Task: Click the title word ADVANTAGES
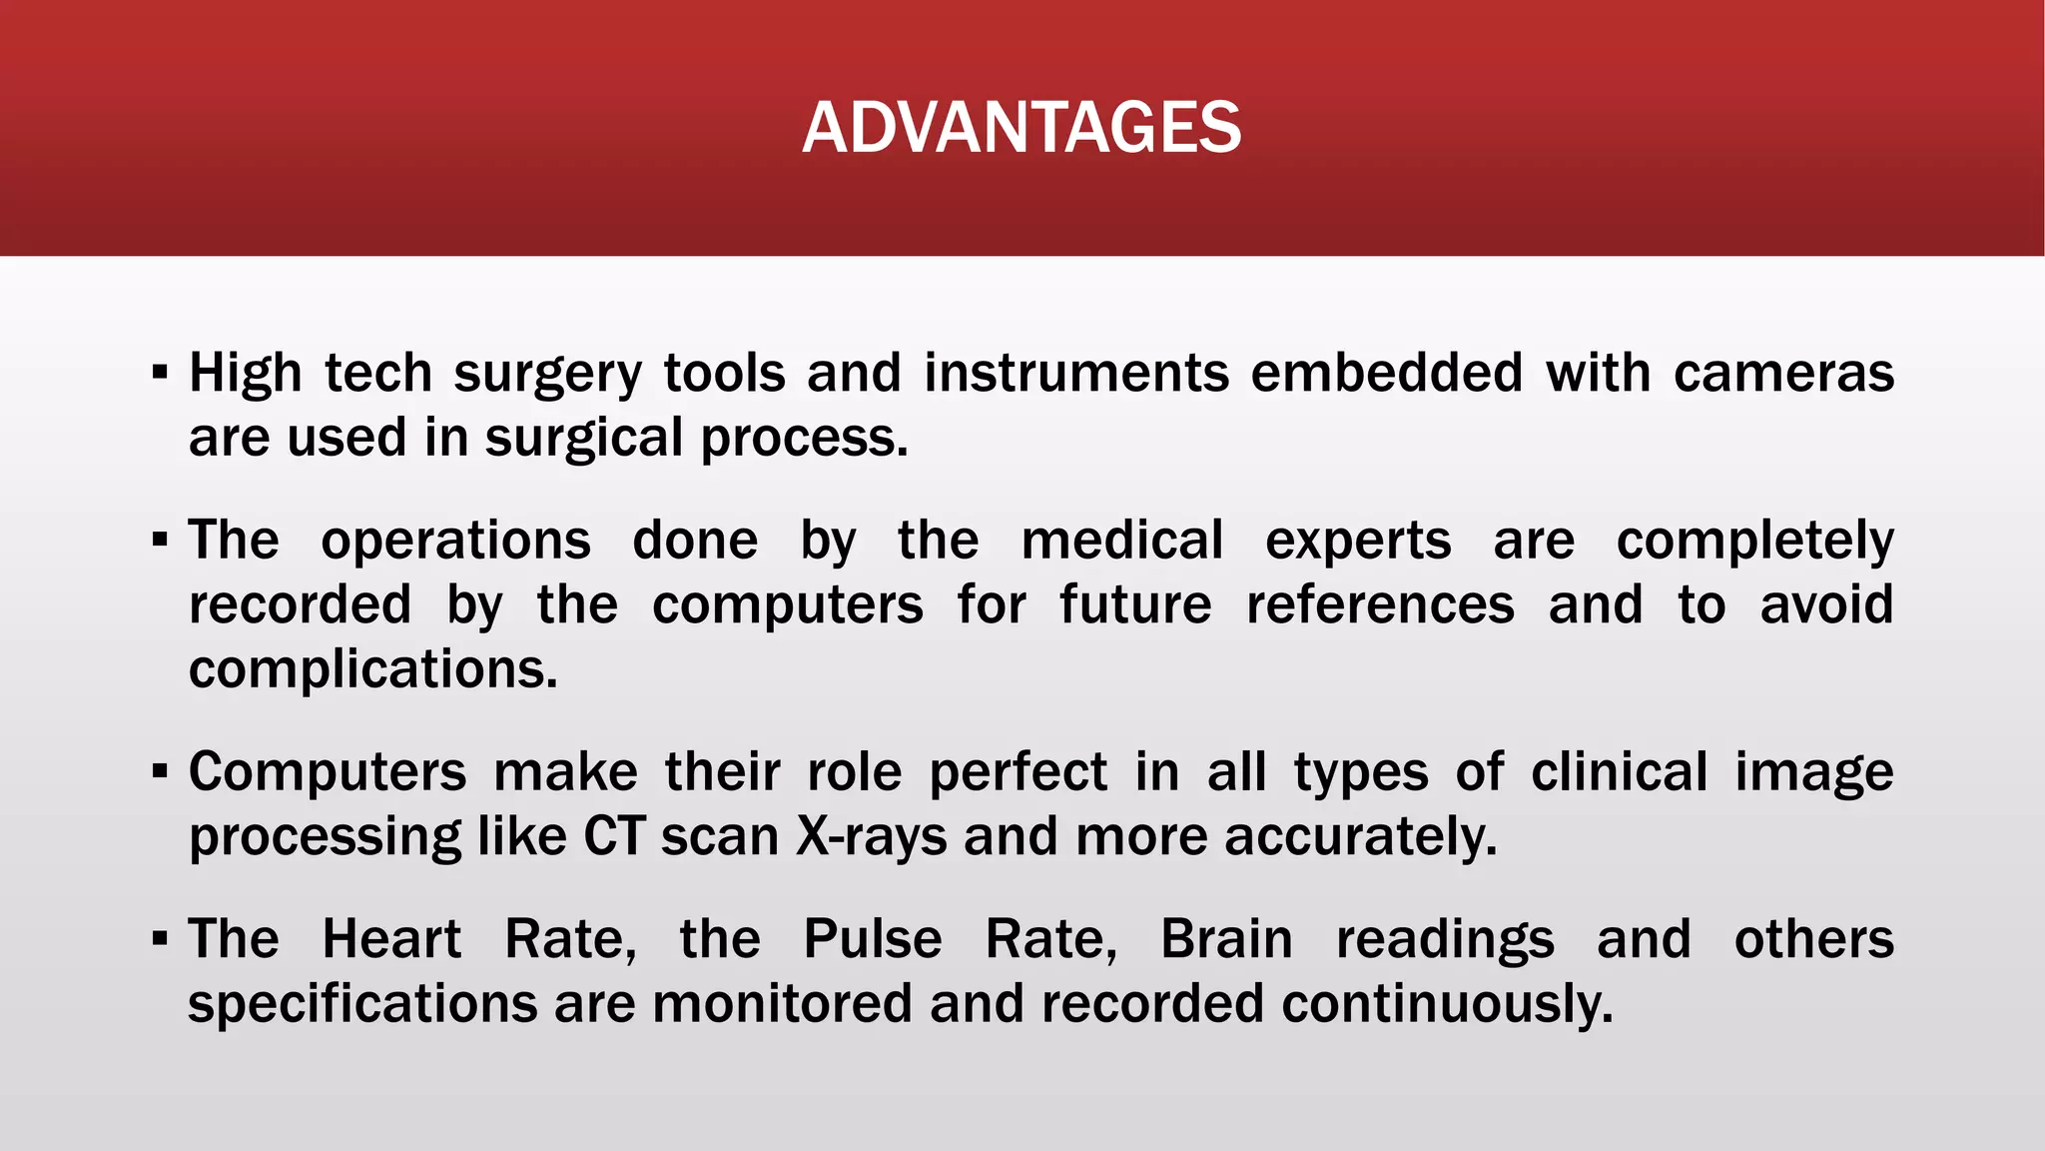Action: click(x=1022, y=128)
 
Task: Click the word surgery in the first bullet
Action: click(x=548, y=375)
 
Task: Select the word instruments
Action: click(x=1075, y=373)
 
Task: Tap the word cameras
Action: click(x=1783, y=373)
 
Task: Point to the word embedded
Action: click(x=1387, y=373)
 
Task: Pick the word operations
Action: click(x=455, y=541)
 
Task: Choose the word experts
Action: click(x=1358, y=541)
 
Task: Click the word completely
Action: click(x=1754, y=541)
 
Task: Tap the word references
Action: click(x=1380, y=604)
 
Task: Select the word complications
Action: click(x=372, y=668)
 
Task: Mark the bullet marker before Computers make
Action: click(x=160, y=772)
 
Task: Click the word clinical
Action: click(x=1619, y=772)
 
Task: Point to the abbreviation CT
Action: click(x=614, y=836)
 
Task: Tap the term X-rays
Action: click(x=871, y=836)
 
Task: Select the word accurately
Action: click(x=1360, y=836)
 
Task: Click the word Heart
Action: click(x=391, y=939)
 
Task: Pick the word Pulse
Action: click(x=873, y=939)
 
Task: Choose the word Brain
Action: click(x=1226, y=939)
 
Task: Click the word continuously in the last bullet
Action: click(x=1447, y=1003)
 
